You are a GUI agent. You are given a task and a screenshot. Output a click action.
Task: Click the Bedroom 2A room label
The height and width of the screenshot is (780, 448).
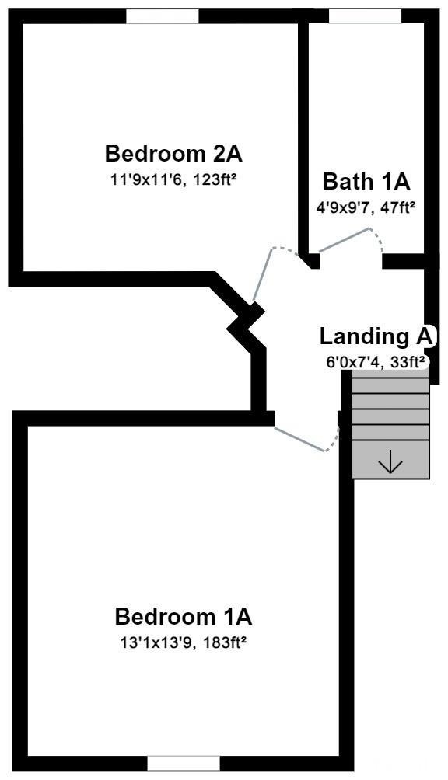pos(173,153)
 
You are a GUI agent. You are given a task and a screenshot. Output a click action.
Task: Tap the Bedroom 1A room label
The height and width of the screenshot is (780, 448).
pos(184,617)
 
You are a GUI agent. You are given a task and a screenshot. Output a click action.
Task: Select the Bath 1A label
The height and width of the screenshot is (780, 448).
pos(366,182)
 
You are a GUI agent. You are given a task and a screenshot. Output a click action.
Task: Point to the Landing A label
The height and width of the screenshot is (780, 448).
pos(377,336)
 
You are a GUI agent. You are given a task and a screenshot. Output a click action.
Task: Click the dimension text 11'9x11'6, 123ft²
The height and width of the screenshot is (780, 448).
pos(173,179)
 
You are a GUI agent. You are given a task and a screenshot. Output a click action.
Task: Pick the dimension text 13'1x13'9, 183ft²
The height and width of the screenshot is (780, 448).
pos(184,642)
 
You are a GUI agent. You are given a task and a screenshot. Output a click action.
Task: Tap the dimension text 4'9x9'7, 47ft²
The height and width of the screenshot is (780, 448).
pos(366,208)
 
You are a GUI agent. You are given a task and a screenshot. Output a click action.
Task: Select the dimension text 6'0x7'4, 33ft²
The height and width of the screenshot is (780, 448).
pos(376,362)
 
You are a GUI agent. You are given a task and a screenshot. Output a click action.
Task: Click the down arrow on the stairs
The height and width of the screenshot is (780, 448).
pos(390,465)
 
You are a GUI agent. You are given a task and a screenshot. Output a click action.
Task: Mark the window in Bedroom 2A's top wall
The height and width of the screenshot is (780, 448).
pos(163,16)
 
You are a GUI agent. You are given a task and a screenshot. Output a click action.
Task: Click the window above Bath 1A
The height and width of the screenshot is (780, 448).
pos(365,16)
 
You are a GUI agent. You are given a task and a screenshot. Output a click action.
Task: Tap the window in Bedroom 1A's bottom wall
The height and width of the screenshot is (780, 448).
pos(184,763)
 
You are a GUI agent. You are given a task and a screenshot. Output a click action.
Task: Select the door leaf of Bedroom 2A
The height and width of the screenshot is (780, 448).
pos(262,274)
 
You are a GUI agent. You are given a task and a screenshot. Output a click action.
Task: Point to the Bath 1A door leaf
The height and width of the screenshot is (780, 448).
pos(344,240)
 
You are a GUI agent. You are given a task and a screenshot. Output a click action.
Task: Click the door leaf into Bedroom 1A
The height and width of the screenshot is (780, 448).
pos(299,439)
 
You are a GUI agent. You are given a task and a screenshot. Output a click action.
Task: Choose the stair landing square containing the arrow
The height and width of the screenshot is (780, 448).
pos(390,460)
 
